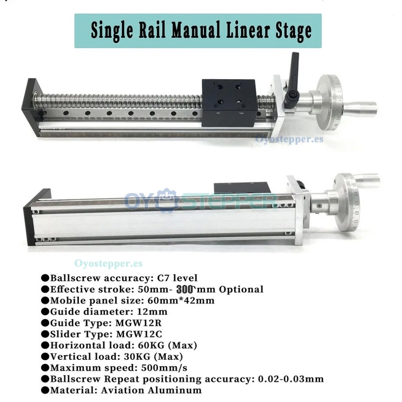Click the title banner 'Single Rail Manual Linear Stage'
coord(198,31)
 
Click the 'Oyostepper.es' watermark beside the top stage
coord(289,139)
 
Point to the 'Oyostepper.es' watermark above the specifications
coord(108,264)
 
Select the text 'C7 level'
coord(177,278)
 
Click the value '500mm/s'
coord(157,368)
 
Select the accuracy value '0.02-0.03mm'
coord(291,379)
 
